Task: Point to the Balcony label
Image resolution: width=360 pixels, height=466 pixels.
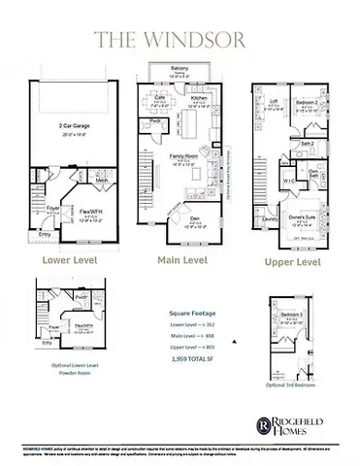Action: (x=178, y=69)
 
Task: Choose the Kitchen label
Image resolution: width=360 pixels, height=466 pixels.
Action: (x=200, y=98)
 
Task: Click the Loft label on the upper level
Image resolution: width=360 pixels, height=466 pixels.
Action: (x=274, y=101)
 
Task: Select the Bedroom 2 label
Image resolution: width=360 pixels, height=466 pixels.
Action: (x=308, y=101)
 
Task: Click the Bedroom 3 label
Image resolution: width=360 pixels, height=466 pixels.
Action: (x=292, y=316)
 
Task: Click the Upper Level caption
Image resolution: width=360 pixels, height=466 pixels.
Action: (x=294, y=263)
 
